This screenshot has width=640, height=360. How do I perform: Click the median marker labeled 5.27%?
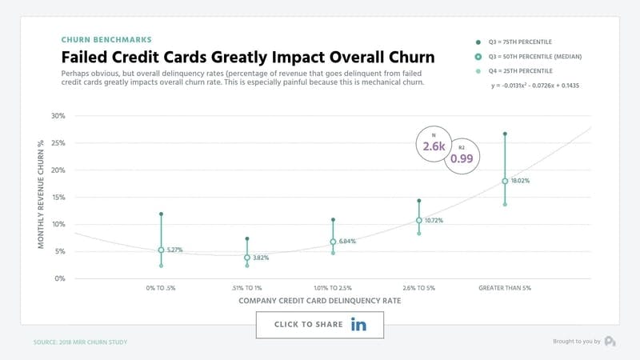[161, 250]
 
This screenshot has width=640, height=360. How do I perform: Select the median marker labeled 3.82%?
[247, 258]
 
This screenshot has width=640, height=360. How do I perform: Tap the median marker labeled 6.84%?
[333, 242]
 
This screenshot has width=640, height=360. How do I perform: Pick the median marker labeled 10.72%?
[418, 220]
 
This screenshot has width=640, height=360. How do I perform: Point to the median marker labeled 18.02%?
[505, 181]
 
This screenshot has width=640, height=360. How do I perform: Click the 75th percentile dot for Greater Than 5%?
[505, 134]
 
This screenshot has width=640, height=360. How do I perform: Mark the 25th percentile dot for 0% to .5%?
[161, 266]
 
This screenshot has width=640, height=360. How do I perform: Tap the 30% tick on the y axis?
[58, 116]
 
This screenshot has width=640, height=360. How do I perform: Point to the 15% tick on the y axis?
[58, 198]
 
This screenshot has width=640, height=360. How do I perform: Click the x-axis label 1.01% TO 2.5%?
[333, 287]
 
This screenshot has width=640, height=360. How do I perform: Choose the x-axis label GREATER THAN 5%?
[505, 287]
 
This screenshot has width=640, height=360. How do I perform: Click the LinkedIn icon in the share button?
[358, 325]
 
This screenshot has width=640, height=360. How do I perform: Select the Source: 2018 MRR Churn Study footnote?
[80, 342]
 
